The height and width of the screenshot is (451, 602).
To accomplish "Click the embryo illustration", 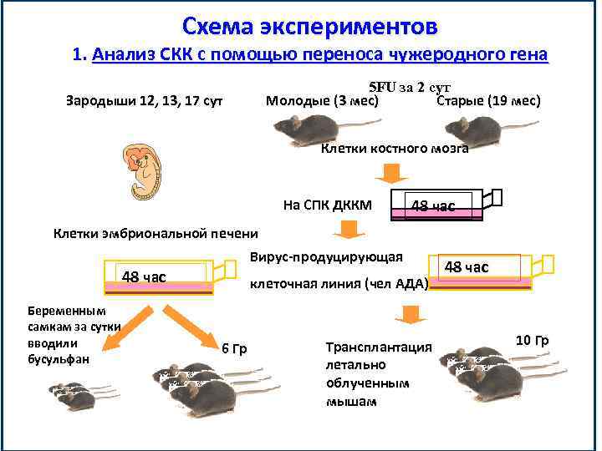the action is pyautogui.click(x=145, y=170).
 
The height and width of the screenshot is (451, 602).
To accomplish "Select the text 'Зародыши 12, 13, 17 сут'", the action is pyautogui.click(x=144, y=102).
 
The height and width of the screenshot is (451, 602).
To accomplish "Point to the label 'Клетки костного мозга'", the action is pyautogui.click(x=395, y=149).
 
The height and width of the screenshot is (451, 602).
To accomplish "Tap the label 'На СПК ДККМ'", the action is pyautogui.click(x=328, y=205).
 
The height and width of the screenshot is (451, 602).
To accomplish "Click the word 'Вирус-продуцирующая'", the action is pyautogui.click(x=326, y=256).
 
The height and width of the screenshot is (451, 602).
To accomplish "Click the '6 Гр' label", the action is pyautogui.click(x=233, y=348).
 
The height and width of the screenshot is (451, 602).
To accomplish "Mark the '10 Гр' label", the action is pyautogui.click(x=531, y=340).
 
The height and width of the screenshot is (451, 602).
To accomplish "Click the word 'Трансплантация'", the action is pyautogui.click(x=378, y=347).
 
